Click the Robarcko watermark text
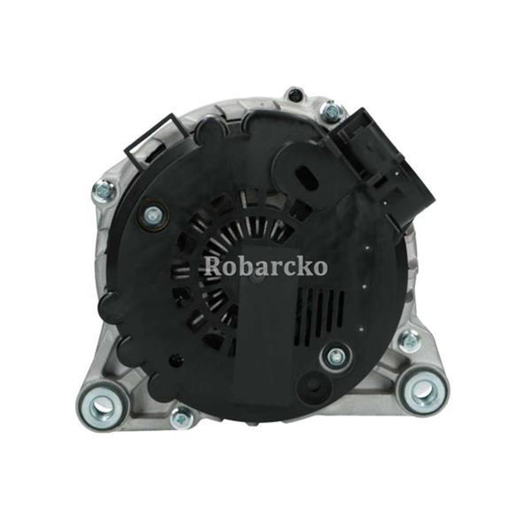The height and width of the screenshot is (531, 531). [265, 266]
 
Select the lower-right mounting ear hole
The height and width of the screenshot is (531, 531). [422, 390]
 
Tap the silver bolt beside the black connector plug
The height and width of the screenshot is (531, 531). [330, 110]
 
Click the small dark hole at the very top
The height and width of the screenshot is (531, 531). [295, 95]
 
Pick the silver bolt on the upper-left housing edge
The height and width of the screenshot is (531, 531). [103, 191]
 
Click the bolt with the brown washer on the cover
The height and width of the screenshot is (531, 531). [152, 213]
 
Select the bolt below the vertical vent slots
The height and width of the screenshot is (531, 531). [336, 356]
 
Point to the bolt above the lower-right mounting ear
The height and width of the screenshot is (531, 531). [409, 341]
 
